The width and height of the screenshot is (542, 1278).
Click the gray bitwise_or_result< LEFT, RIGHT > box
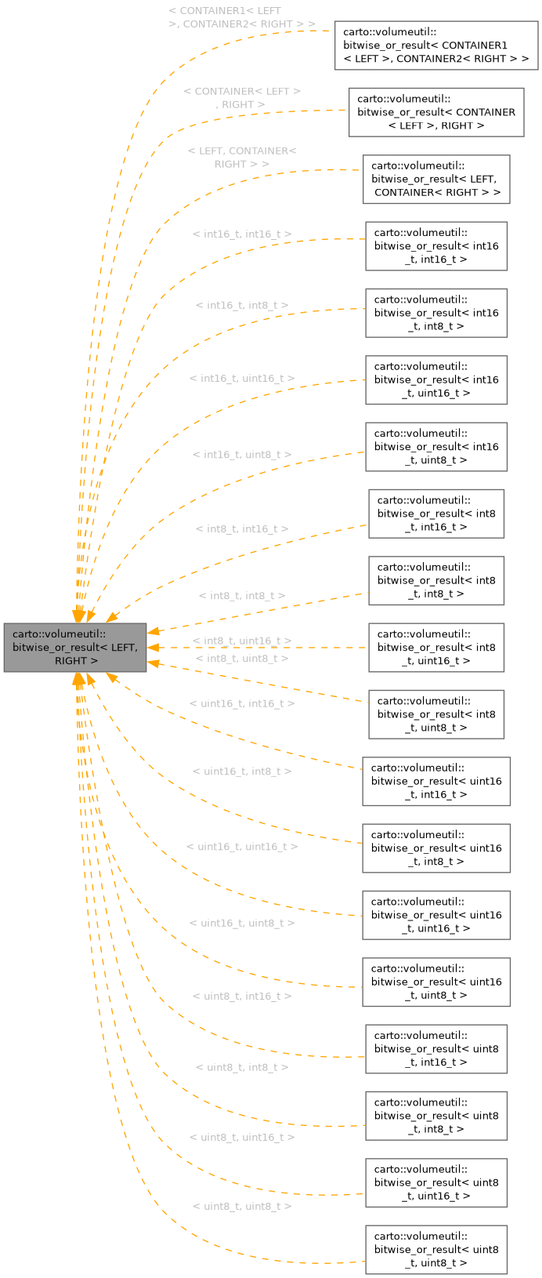click(75, 648)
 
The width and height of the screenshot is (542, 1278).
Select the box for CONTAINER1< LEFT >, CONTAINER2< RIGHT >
click(436, 45)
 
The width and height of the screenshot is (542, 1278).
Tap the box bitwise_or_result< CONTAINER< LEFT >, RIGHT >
click(436, 112)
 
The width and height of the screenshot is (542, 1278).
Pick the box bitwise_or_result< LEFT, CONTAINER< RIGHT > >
click(436, 179)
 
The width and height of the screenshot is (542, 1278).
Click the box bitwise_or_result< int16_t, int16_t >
click(436, 246)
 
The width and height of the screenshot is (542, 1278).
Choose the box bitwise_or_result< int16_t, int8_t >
click(436, 313)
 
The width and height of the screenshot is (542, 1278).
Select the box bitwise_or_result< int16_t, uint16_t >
click(436, 379)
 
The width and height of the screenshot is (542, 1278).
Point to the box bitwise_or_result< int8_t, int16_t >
click(436, 514)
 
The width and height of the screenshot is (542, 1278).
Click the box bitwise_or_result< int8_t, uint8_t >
click(436, 714)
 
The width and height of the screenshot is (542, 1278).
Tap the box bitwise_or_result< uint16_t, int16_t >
click(436, 781)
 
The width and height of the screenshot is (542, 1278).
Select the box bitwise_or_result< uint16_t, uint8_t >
click(436, 982)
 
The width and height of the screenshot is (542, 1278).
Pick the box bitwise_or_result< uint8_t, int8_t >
click(436, 1116)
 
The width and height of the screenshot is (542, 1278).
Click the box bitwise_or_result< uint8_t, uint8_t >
click(436, 1250)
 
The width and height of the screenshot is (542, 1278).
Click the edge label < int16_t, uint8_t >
click(242, 455)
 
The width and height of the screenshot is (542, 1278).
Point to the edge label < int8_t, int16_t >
click(242, 529)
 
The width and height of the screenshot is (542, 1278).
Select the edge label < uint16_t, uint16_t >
click(242, 847)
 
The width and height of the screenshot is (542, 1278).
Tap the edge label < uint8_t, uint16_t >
click(242, 1137)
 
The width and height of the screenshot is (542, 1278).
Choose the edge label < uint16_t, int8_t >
click(242, 772)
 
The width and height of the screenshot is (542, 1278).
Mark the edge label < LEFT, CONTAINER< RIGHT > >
click(242, 158)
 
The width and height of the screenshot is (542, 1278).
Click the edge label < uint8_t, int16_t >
click(242, 997)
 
